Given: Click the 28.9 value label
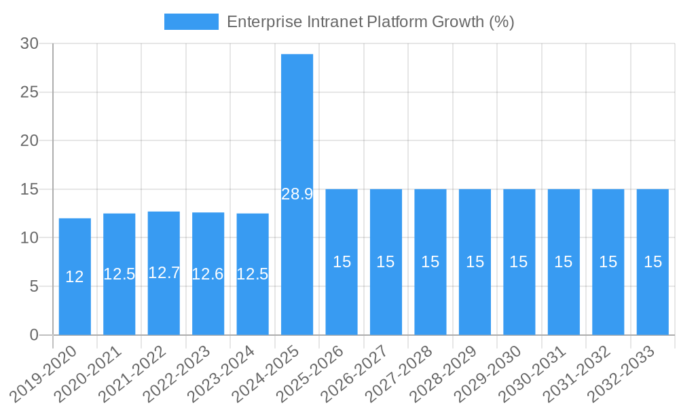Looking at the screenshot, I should [297, 194].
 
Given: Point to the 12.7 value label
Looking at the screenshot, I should [164, 273].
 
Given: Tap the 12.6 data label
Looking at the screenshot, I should [208, 274].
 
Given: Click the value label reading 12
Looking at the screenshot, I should [75, 277].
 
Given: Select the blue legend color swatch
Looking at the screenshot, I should [191, 22].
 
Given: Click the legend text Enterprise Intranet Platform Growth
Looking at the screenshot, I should [370, 22].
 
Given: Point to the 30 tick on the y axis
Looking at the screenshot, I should [29, 43].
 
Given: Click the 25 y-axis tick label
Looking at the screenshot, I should [29, 92].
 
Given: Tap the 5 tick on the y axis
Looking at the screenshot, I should [34, 286].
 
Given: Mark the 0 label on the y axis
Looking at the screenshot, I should [34, 335].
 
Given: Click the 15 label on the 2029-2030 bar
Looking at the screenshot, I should [519, 262].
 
